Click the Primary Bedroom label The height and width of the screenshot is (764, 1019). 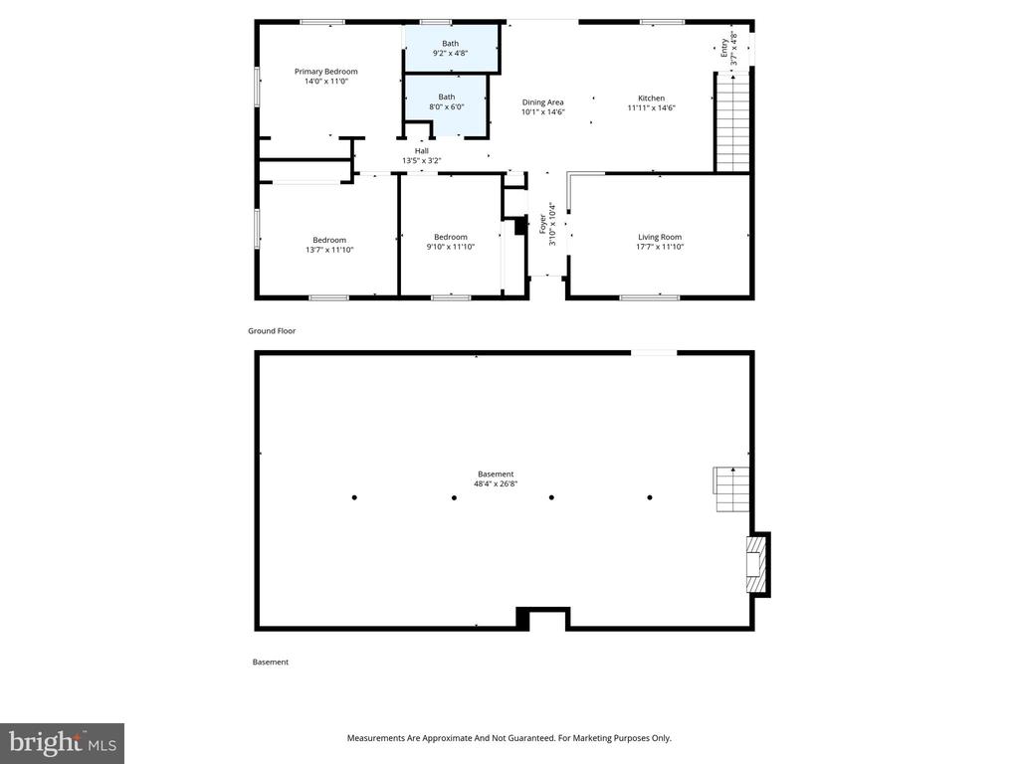[x=325, y=72]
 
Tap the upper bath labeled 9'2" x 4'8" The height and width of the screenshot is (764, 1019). [x=451, y=48]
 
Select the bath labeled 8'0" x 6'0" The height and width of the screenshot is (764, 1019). [x=447, y=101]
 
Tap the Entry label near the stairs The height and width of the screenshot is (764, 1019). [x=728, y=49]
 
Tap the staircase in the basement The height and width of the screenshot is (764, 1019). [x=731, y=489]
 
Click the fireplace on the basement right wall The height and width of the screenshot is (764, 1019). [x=758, y=564]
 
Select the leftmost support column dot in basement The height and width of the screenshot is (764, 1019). [x=354, y=497]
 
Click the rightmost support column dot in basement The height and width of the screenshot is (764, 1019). [x=650, y=497]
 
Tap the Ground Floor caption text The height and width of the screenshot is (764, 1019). [x=272, y=331]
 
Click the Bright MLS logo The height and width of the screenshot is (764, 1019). [x=62, y=743]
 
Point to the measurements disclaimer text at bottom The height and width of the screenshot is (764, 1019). [x=509, y=738]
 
